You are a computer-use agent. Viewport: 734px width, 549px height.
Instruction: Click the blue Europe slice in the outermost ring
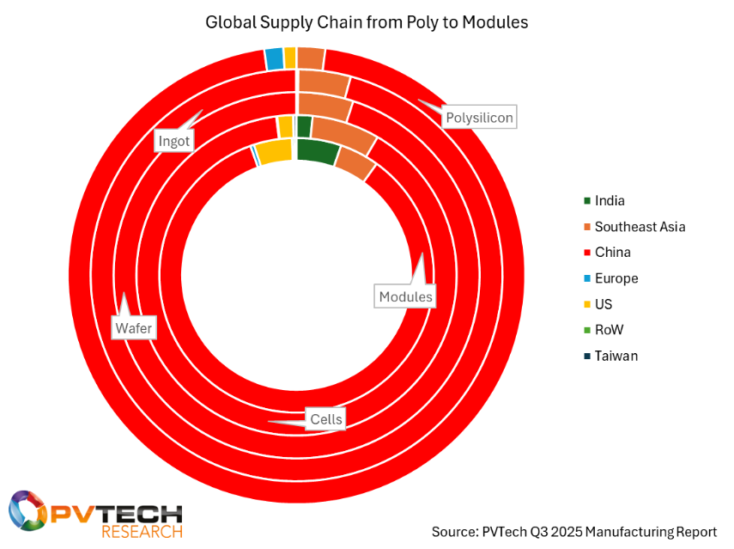tap(274, 58)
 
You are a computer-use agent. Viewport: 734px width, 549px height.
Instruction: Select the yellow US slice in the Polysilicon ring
tap(290, 58)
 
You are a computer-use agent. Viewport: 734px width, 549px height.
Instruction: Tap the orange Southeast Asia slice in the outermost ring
tap(310, 58)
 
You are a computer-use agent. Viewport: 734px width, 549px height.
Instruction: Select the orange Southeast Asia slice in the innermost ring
tap(354, 162)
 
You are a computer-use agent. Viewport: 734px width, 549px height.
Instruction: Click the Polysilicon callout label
tap(479, 117)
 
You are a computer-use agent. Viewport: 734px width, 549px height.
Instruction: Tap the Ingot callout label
tap(173, 141)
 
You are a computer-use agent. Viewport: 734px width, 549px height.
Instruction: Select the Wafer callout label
tap(133, 327)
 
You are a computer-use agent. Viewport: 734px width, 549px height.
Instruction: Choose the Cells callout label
tap(326, 419)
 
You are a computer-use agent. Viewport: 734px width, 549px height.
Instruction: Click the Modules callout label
tap(405, 296)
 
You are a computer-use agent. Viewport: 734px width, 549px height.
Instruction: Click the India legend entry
tap(609, 201)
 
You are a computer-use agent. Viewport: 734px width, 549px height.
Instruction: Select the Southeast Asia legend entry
tap(639, 227)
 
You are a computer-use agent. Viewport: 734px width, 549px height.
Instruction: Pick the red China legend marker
tap(586, 253)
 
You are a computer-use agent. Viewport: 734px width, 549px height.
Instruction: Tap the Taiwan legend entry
tap(615, 356)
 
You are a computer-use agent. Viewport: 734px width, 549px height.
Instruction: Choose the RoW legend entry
tap(608, 330)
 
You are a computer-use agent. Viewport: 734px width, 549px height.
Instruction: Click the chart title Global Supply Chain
tap(367, 22)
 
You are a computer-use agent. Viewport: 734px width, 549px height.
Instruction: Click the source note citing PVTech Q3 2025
tap(573, 531)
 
